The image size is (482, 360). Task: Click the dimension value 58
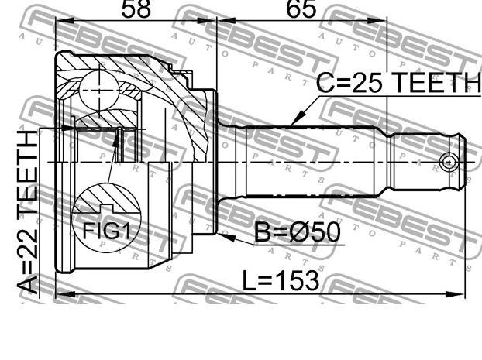coord(136,9)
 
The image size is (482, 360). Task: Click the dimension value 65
coord(301,9)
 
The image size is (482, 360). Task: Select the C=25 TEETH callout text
coord(398,83)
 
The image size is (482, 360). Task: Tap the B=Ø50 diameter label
coord(298,232)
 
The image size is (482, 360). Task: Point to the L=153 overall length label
coord(281,280)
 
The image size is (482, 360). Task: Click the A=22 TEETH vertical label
coord(28,212)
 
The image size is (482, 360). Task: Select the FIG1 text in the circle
coord(106,231)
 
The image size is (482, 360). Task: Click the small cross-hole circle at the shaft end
coord(449,162)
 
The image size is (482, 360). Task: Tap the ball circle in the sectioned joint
coord(99,90)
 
